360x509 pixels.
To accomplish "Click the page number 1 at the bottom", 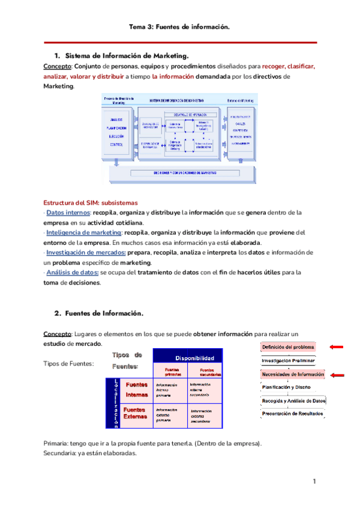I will (314, 482).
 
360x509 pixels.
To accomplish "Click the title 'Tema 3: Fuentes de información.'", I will (180, 27).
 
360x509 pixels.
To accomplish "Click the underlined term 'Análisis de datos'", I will (72, 273).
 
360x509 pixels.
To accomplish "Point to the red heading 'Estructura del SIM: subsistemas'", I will (91, 202).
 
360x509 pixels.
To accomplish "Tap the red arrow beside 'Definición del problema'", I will (337, 347).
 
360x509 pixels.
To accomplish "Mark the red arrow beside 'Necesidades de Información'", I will (337, 375).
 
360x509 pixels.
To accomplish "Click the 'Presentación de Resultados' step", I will (292, 414).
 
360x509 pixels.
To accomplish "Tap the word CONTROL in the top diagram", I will (118, 146).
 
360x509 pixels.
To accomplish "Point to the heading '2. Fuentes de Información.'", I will (99, 313).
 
